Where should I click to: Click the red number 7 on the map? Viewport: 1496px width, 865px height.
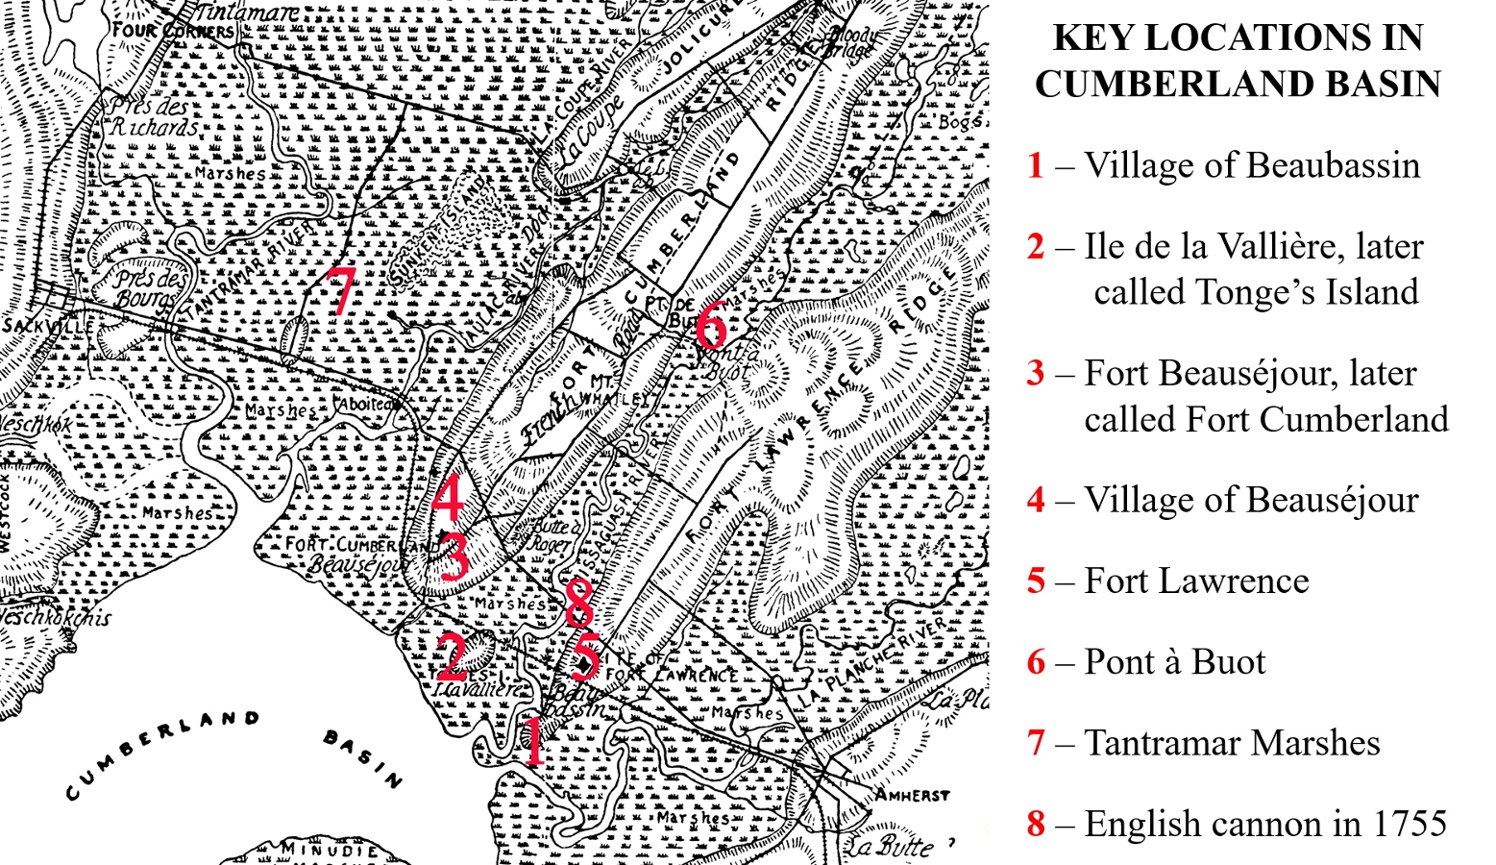[340, 291]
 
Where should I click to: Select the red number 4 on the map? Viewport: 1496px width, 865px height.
[448, 498]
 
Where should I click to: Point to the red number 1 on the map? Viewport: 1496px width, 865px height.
[533, 741]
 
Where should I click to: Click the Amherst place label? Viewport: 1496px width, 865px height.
[912, 796]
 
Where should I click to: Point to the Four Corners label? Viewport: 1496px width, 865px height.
[173, 31]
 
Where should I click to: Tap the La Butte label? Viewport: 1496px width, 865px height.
[890, 847]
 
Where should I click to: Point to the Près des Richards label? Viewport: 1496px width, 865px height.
[154, 116]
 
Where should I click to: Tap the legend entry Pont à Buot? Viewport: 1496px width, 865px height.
[1174, 661]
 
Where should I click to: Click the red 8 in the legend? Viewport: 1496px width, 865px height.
[1035, 824]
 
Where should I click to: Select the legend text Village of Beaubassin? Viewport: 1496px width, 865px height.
[1251, 164]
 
